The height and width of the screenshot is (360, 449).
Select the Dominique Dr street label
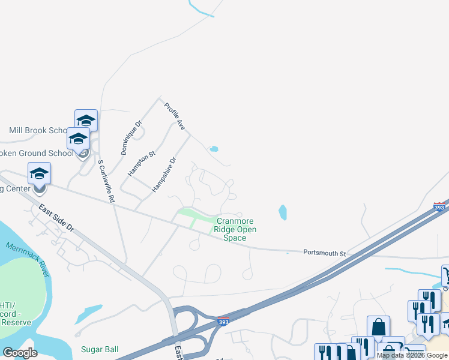click(x=131, y=137)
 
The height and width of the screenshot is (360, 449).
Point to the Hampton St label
click(x=142, y=163)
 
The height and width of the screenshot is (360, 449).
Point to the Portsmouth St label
click(x=324, y=253)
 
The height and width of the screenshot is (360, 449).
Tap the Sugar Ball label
click(x=100, y=349)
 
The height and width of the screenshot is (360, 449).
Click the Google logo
click(x=20, y=353)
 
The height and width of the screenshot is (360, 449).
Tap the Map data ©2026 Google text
click(x=412, y=355)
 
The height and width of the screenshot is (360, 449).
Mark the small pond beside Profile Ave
click(x=214, y=149)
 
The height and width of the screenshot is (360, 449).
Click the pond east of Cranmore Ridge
click(x=283, y=212)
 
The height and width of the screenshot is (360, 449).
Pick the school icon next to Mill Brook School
click(x=86, y=120)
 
